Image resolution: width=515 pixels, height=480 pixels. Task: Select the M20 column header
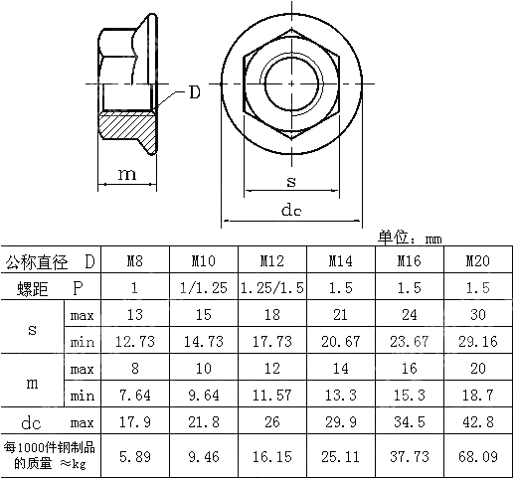coord(477,262)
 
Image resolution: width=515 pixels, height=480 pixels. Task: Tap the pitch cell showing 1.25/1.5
coord(272,288)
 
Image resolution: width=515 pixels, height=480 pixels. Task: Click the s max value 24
coord(409,315)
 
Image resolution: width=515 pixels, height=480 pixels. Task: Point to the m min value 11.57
coord(272,395)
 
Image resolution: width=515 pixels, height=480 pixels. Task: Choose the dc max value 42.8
coord(477,420)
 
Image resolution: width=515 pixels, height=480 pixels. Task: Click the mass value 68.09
coord(477,458)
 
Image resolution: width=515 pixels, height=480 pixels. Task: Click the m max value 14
coord(340,368)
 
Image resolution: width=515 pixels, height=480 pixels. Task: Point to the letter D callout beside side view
coord(194,92)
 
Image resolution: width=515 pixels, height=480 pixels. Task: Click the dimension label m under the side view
coord(127,175)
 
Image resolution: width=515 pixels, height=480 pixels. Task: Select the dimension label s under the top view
coord(290,181)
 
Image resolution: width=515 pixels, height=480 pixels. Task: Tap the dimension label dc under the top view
coord(290,210)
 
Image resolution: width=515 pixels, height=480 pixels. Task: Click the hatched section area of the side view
coord(127,127)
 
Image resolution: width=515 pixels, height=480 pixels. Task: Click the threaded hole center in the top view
coord(290,85)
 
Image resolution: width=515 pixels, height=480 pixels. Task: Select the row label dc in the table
coord(31,421)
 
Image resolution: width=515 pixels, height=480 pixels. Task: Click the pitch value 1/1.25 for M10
coord(204,288)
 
